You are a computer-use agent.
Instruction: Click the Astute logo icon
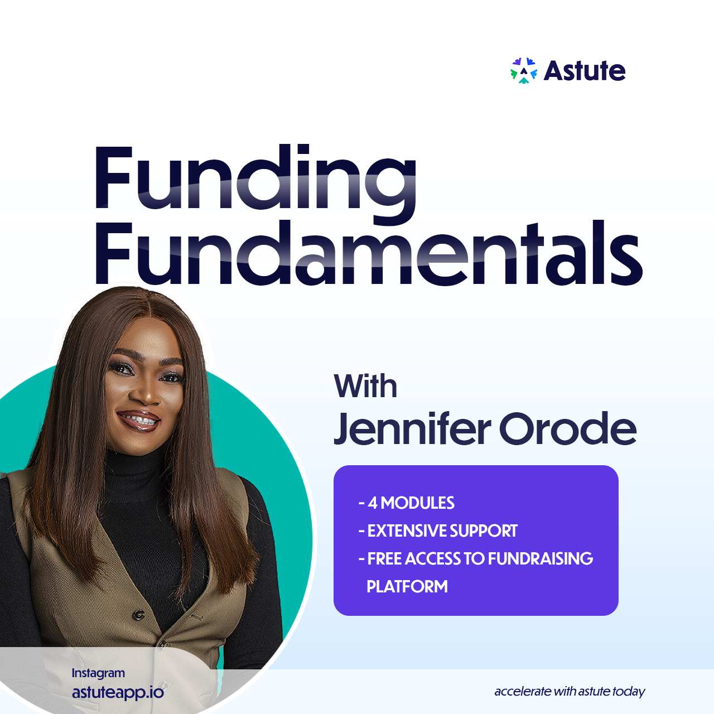click(x=523, y=70)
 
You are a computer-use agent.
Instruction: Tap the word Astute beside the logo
click(x=585, y=70)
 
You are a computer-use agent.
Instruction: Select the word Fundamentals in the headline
click(x=368, y=252)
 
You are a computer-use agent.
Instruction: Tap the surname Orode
click(x=568, y=429)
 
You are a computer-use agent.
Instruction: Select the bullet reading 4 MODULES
click(x=407, y=503)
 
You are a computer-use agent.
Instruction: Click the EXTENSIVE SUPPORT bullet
click(x=438, y=530)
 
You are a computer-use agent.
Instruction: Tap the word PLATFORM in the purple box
click(x=407, y=586)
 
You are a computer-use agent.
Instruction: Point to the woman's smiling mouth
click(x=138, y=421)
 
